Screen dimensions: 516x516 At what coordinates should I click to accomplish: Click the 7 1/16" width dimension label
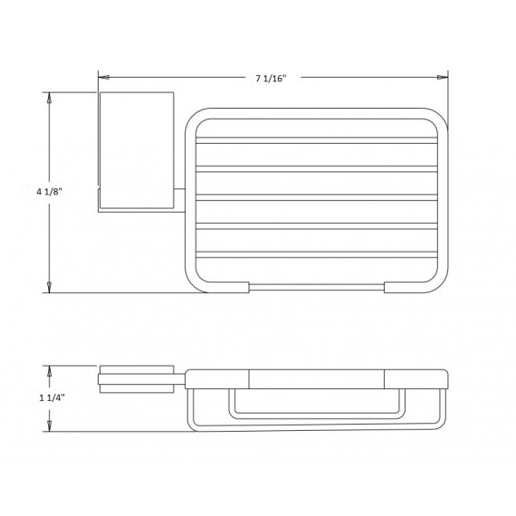(x=271, y=80)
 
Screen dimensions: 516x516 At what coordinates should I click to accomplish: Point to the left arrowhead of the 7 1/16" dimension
(x=101, y=80)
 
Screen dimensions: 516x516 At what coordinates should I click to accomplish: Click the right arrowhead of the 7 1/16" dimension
(x=444, y=80)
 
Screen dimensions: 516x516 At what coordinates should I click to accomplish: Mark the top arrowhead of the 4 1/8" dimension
(x=49, y=94)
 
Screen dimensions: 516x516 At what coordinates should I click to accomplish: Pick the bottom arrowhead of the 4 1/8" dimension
(x=49, y=288)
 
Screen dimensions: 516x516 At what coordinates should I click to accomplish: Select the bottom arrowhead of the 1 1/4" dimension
(x=49, y=421)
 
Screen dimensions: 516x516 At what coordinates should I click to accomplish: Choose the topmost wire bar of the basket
(x=317, y=141)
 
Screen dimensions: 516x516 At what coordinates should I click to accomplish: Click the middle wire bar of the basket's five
(x=317, y=196)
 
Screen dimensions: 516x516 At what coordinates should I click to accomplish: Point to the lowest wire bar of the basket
(x=317, y=253)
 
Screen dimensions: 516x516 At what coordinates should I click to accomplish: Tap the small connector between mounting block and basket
(x=181, y=199)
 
